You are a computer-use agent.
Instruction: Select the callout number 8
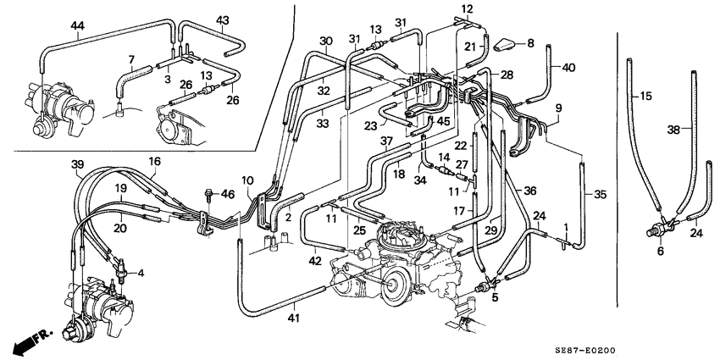click(531, 42)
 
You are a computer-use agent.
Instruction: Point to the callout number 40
click(568, 68)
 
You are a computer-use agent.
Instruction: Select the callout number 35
click(601, 195)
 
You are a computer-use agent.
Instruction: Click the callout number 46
click(226, 195)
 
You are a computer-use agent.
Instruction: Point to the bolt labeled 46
click(206, 195)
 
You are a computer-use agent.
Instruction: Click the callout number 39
click(77, 163)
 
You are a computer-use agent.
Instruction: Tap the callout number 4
click(141, 272)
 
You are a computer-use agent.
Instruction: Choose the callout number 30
click(326, 42)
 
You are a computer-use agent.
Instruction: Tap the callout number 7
click(131, 58)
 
